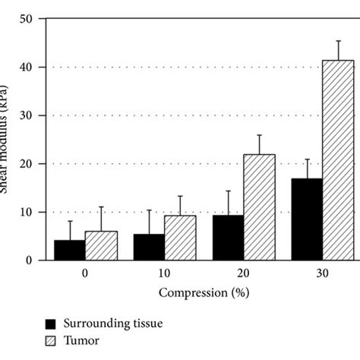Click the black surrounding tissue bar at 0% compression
pyautogui.click(x=70, y=250)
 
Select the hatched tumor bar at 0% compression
pyautogui.click(x=101, y=246)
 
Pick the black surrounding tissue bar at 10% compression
pyautogui.click(x=148, y=247)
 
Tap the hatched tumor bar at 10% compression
pyautogui.click(x=180, y=238)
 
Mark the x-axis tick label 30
pyautogui.click(x=322, y=272)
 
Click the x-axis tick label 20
pyautogui.click(x=243, y=272)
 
